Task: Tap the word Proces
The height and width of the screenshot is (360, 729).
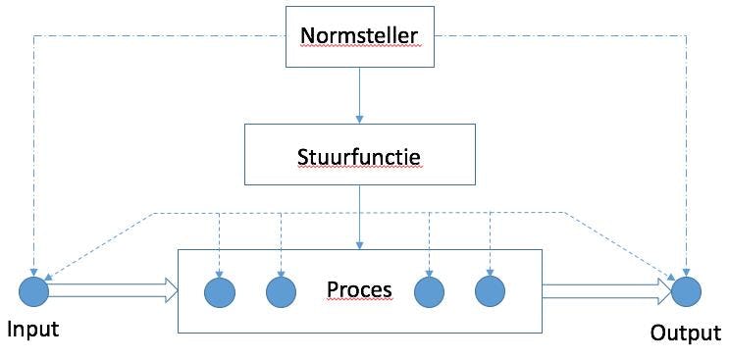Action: click(359, 289)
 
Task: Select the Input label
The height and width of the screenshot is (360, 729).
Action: click(33, 329)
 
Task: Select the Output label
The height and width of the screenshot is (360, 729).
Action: click(685, 333)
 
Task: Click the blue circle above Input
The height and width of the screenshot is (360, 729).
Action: click(33, 290)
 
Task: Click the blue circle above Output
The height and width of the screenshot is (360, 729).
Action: click(686, 290)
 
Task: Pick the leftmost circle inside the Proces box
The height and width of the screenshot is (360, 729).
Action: click(219, 291)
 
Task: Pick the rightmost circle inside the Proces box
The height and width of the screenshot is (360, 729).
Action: click(489, 290)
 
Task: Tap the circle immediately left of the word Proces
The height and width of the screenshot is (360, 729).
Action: click(281, 291)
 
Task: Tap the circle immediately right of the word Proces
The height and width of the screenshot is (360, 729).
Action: click(429, 290)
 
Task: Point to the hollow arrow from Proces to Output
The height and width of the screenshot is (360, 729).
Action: click(607, 289)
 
